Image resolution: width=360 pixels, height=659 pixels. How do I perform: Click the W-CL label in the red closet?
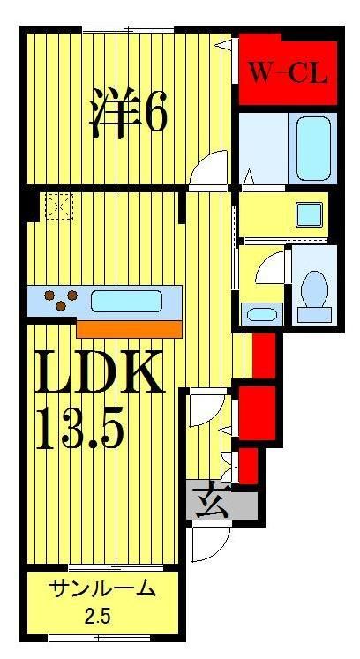tap(287, 71)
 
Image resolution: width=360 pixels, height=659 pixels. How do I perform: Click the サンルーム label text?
tap(102, 588)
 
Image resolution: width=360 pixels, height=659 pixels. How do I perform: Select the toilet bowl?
tap(314, 290)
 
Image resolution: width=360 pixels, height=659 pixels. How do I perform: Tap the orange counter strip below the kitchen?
tap(129, 328)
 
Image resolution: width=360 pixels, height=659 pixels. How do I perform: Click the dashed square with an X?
tap(59, 206)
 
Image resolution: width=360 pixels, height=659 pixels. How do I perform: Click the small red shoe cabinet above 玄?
tap(248, 465)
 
